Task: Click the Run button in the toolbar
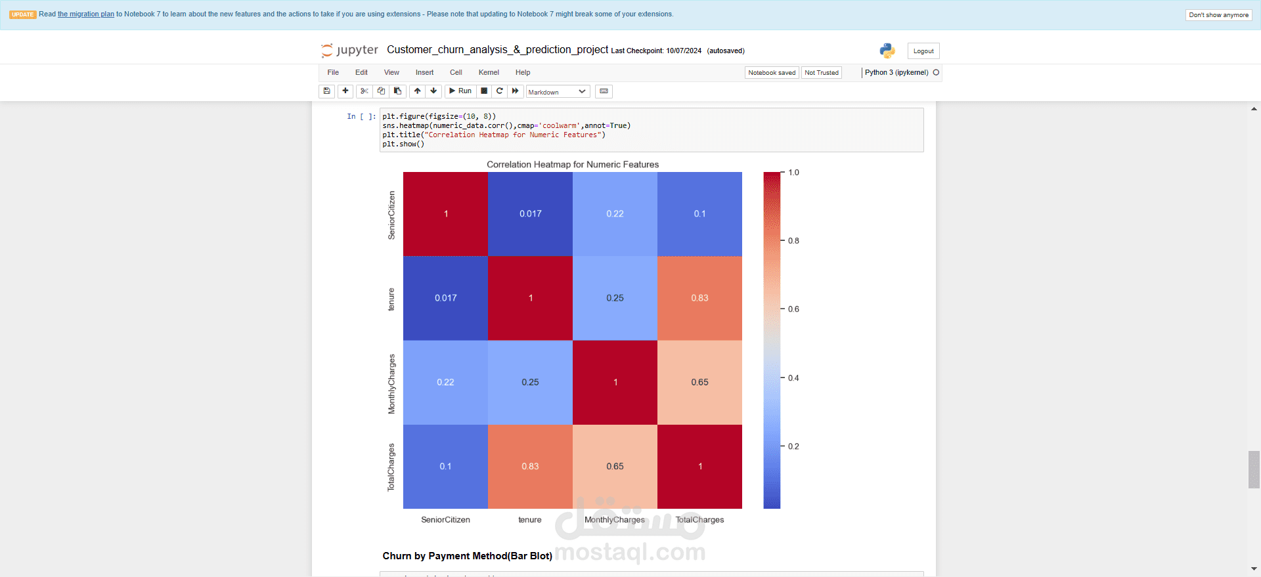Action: click(x=460, y=91)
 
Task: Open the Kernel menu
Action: click(x=489, y=73)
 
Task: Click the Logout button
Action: click(x=923, y=51)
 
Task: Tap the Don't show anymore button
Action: click(x=1218, y=15)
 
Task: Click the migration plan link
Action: click(x=86, y=14)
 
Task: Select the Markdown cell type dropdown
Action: click(x=557, y=92)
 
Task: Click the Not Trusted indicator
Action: click(x=821, y=73)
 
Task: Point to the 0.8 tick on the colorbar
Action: click(x=793, y=241)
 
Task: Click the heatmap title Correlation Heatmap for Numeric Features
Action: click(x=572, y=165)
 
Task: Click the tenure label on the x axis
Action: click(x=530, y=520)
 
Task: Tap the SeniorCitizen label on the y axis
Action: click(x=392, y=215)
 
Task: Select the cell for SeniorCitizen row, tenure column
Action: click(x=530, y=214)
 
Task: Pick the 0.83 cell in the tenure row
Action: click(x=699, y=298)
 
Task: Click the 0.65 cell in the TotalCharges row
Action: click(x=615, y=467)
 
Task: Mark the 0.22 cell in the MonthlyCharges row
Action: click(x=445, y=383)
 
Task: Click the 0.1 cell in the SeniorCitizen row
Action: click(x=699, y=214)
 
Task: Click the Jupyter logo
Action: click(x=349, y=50)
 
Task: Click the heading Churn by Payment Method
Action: click(x=467, y=556)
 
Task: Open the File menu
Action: click(x=333, y=73)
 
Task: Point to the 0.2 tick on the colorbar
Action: click(x=793, y=446)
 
